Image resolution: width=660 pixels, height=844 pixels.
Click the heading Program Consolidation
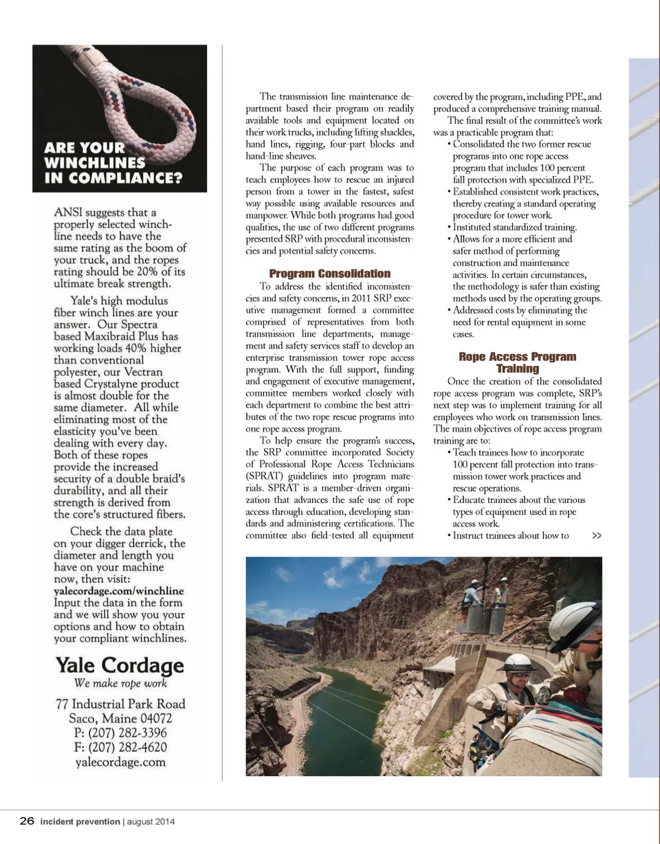coord(329,274)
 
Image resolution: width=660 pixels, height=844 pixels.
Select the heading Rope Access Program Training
coord(517,362)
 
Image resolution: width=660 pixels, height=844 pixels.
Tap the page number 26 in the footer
coord(27,821)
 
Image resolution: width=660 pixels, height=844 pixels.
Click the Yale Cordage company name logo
coord(120,665)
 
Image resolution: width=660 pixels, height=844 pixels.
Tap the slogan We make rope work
coord(120,683)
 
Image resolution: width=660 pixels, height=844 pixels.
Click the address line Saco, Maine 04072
coord(120,718)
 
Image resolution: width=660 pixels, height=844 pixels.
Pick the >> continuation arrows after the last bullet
coord(596,535)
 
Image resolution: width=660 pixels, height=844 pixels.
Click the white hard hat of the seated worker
coord(516,662)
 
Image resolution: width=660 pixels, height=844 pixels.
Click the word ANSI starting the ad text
coord(69,212)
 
